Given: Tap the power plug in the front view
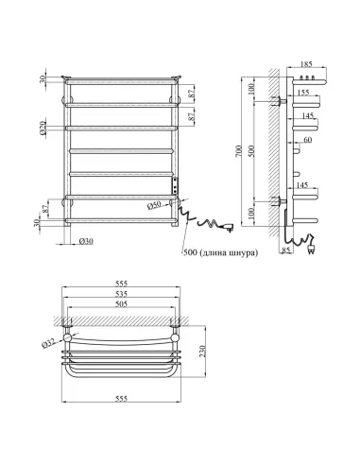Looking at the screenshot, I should click(x=230, y=228).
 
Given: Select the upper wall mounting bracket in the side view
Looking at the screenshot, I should click(x=281, y=97).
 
